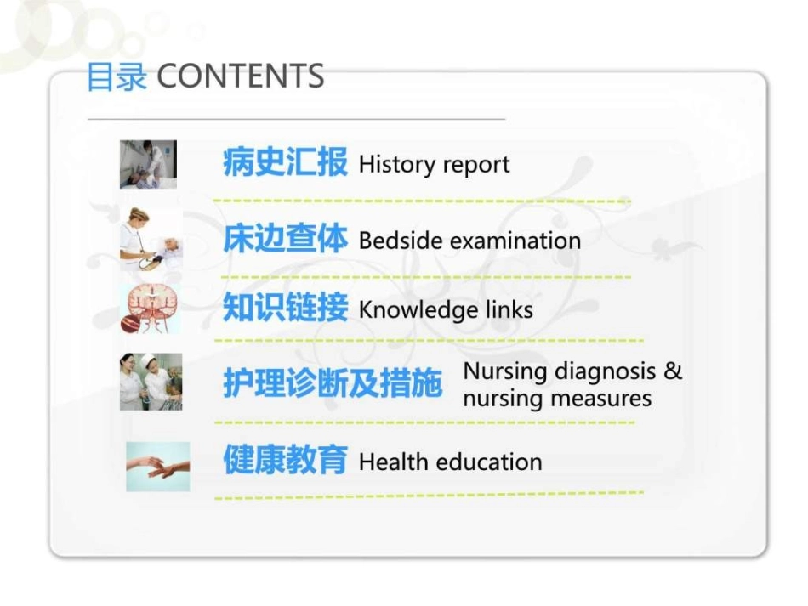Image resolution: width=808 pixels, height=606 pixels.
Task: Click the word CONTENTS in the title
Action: (241, 76)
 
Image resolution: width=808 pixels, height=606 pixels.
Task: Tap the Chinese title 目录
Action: (117, 77)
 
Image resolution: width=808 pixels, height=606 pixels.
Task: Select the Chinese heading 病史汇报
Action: (285, 162)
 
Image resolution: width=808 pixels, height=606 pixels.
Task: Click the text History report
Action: (434, 164)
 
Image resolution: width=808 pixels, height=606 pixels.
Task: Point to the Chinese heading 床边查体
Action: (285, 240)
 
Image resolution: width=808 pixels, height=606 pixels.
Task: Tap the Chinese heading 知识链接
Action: (285, 309)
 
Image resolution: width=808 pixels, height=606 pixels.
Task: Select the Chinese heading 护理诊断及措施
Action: (333, 384)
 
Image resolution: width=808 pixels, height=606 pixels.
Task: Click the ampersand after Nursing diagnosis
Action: (673, 371)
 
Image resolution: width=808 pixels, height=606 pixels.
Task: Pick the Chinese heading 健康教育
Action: (285, 461)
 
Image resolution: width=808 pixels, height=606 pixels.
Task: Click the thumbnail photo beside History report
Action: (148, 164)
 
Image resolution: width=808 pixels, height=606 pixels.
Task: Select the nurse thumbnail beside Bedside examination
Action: (151, 239)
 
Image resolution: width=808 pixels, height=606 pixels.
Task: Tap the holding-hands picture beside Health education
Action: (157, 466)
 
